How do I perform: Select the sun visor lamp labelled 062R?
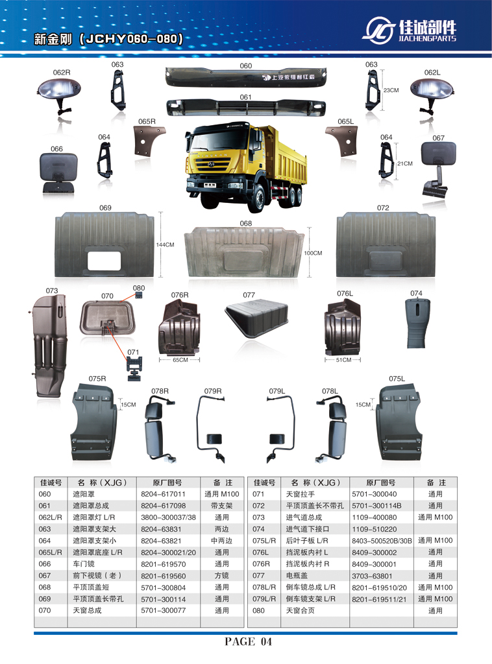point(61,91)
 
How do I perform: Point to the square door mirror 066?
point(58,172)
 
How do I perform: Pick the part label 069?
point(105,207)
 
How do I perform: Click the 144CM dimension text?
point(165,245)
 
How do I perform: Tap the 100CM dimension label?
point(313,253)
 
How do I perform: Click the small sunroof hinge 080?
point(139,296)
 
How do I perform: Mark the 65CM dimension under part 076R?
point(180,360)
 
